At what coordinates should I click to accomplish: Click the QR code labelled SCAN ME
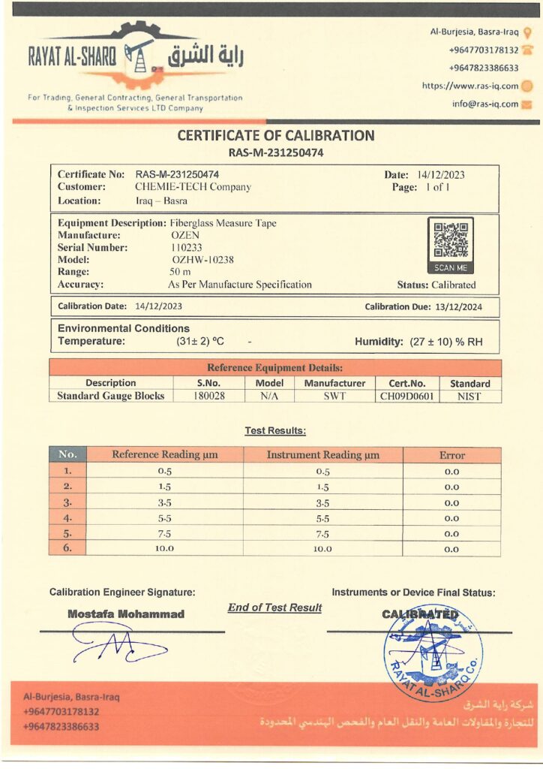coord(450,240)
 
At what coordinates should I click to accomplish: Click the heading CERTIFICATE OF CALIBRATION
coord(275,136)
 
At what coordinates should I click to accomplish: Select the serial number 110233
coord(187,247)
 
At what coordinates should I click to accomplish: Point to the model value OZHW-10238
coord(203,260)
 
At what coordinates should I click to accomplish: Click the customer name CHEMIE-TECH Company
coord(193,187)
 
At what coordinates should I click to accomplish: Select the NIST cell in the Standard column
coord(469,396)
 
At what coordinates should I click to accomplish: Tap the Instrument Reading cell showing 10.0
coord(322,549)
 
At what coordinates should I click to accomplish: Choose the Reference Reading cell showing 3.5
coord(165,502)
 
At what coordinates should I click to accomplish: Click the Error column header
coord(451,455)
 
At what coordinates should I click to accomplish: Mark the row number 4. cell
coord(67,518)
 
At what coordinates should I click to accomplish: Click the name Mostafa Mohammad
coord(126,614)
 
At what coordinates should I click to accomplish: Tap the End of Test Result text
coord(274,608)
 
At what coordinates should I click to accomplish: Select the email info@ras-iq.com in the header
coord(485,104)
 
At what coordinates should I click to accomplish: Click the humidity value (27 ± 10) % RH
coord(446,342)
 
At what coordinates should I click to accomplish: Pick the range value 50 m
coord(181,272)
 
